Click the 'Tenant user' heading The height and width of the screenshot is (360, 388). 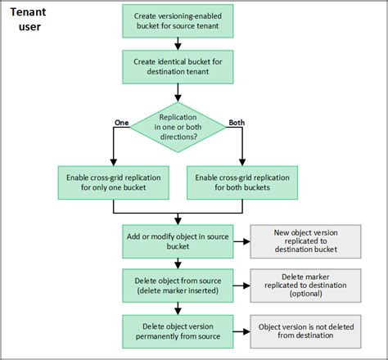29,20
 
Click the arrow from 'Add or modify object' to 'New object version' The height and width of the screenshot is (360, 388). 241,241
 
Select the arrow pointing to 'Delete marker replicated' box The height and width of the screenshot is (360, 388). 241,286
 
